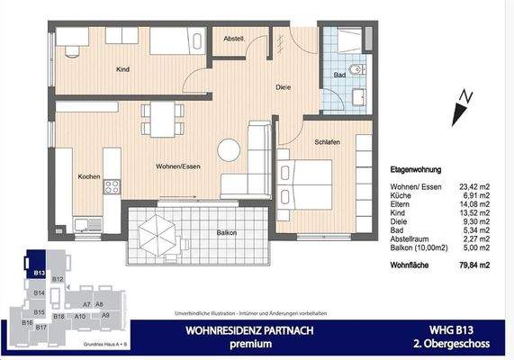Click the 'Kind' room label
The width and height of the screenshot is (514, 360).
click(x=123, y=68)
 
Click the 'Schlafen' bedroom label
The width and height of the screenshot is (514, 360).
click(x=327, y=143)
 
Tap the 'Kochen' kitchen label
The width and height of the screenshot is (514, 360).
click(x=87, y=175)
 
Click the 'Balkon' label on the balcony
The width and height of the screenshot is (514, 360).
click(x=227, y=233)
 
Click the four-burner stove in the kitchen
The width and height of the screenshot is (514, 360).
click(x=113, y=187)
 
